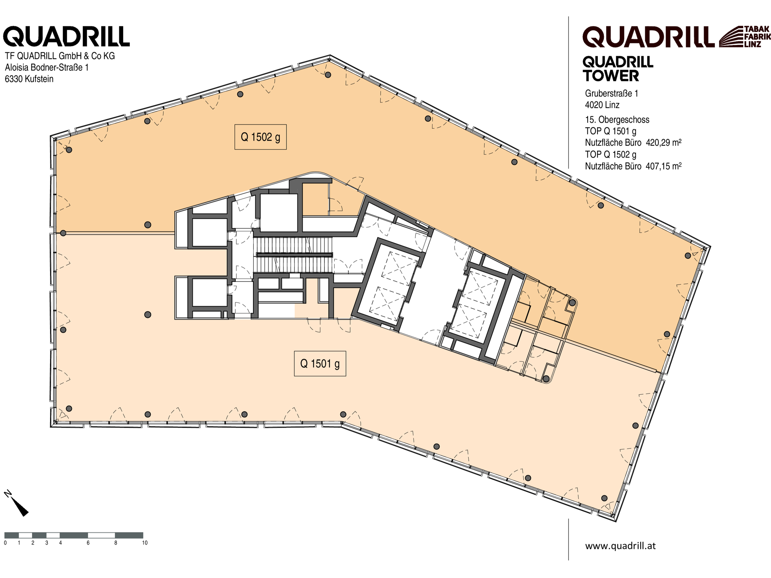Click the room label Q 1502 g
pos(261,137)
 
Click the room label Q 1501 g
pos(320,364)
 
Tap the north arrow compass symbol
pos(17,503)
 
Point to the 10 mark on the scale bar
pos(145,543)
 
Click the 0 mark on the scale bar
pos(5,543)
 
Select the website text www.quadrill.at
pos(620,546)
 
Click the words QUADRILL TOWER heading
pos(618,69)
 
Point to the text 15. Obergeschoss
pos(617,120)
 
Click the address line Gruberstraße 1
pos(612,93)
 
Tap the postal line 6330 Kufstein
pos(29,79)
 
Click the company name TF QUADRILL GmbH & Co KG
pos(60,56)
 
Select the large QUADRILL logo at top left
pos(67,36)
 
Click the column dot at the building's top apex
pos(328,75)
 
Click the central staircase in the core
pos(293,255)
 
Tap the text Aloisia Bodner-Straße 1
pos(47,67)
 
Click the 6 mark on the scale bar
pos(88,543)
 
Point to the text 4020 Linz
pos(602,105)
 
